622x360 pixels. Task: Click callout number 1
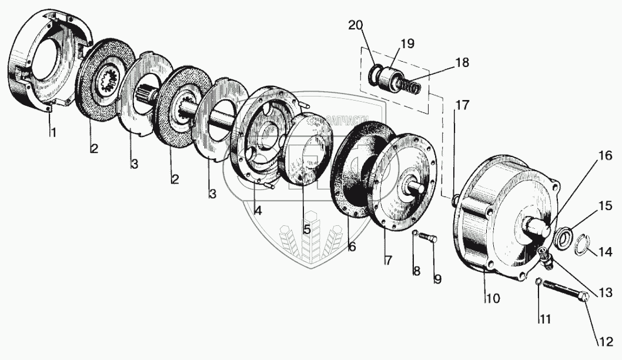click(x=53, y=134)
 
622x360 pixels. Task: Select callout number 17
click(x=462, y=106)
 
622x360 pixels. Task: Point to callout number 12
click(x=606, y=341)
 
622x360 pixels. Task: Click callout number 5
click(x=307, y=229)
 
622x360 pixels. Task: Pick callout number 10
click(x=492, y=298)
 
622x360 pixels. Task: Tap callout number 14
click(x=606, y=252)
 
